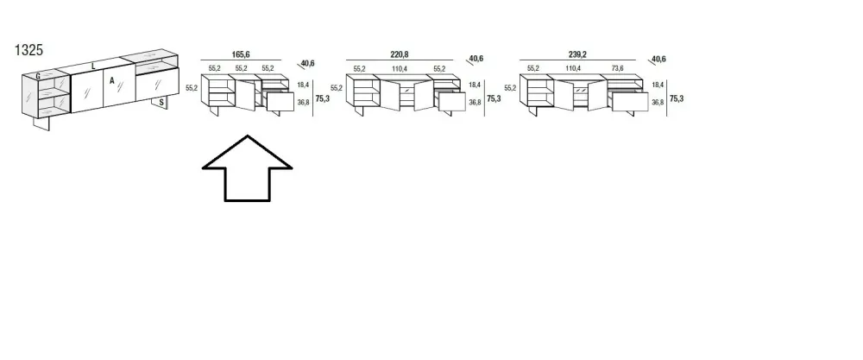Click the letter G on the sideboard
(x=37, y=77)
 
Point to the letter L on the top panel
(x=93, y=66)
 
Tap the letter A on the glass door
(x=112, y=80)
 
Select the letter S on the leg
(x=162, y=102)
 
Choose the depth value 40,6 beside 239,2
(x=658, y=60)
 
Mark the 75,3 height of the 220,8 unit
(x=494, y=98)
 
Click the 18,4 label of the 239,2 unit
(x=657, y=85)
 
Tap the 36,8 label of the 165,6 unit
(x=302, y=103)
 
